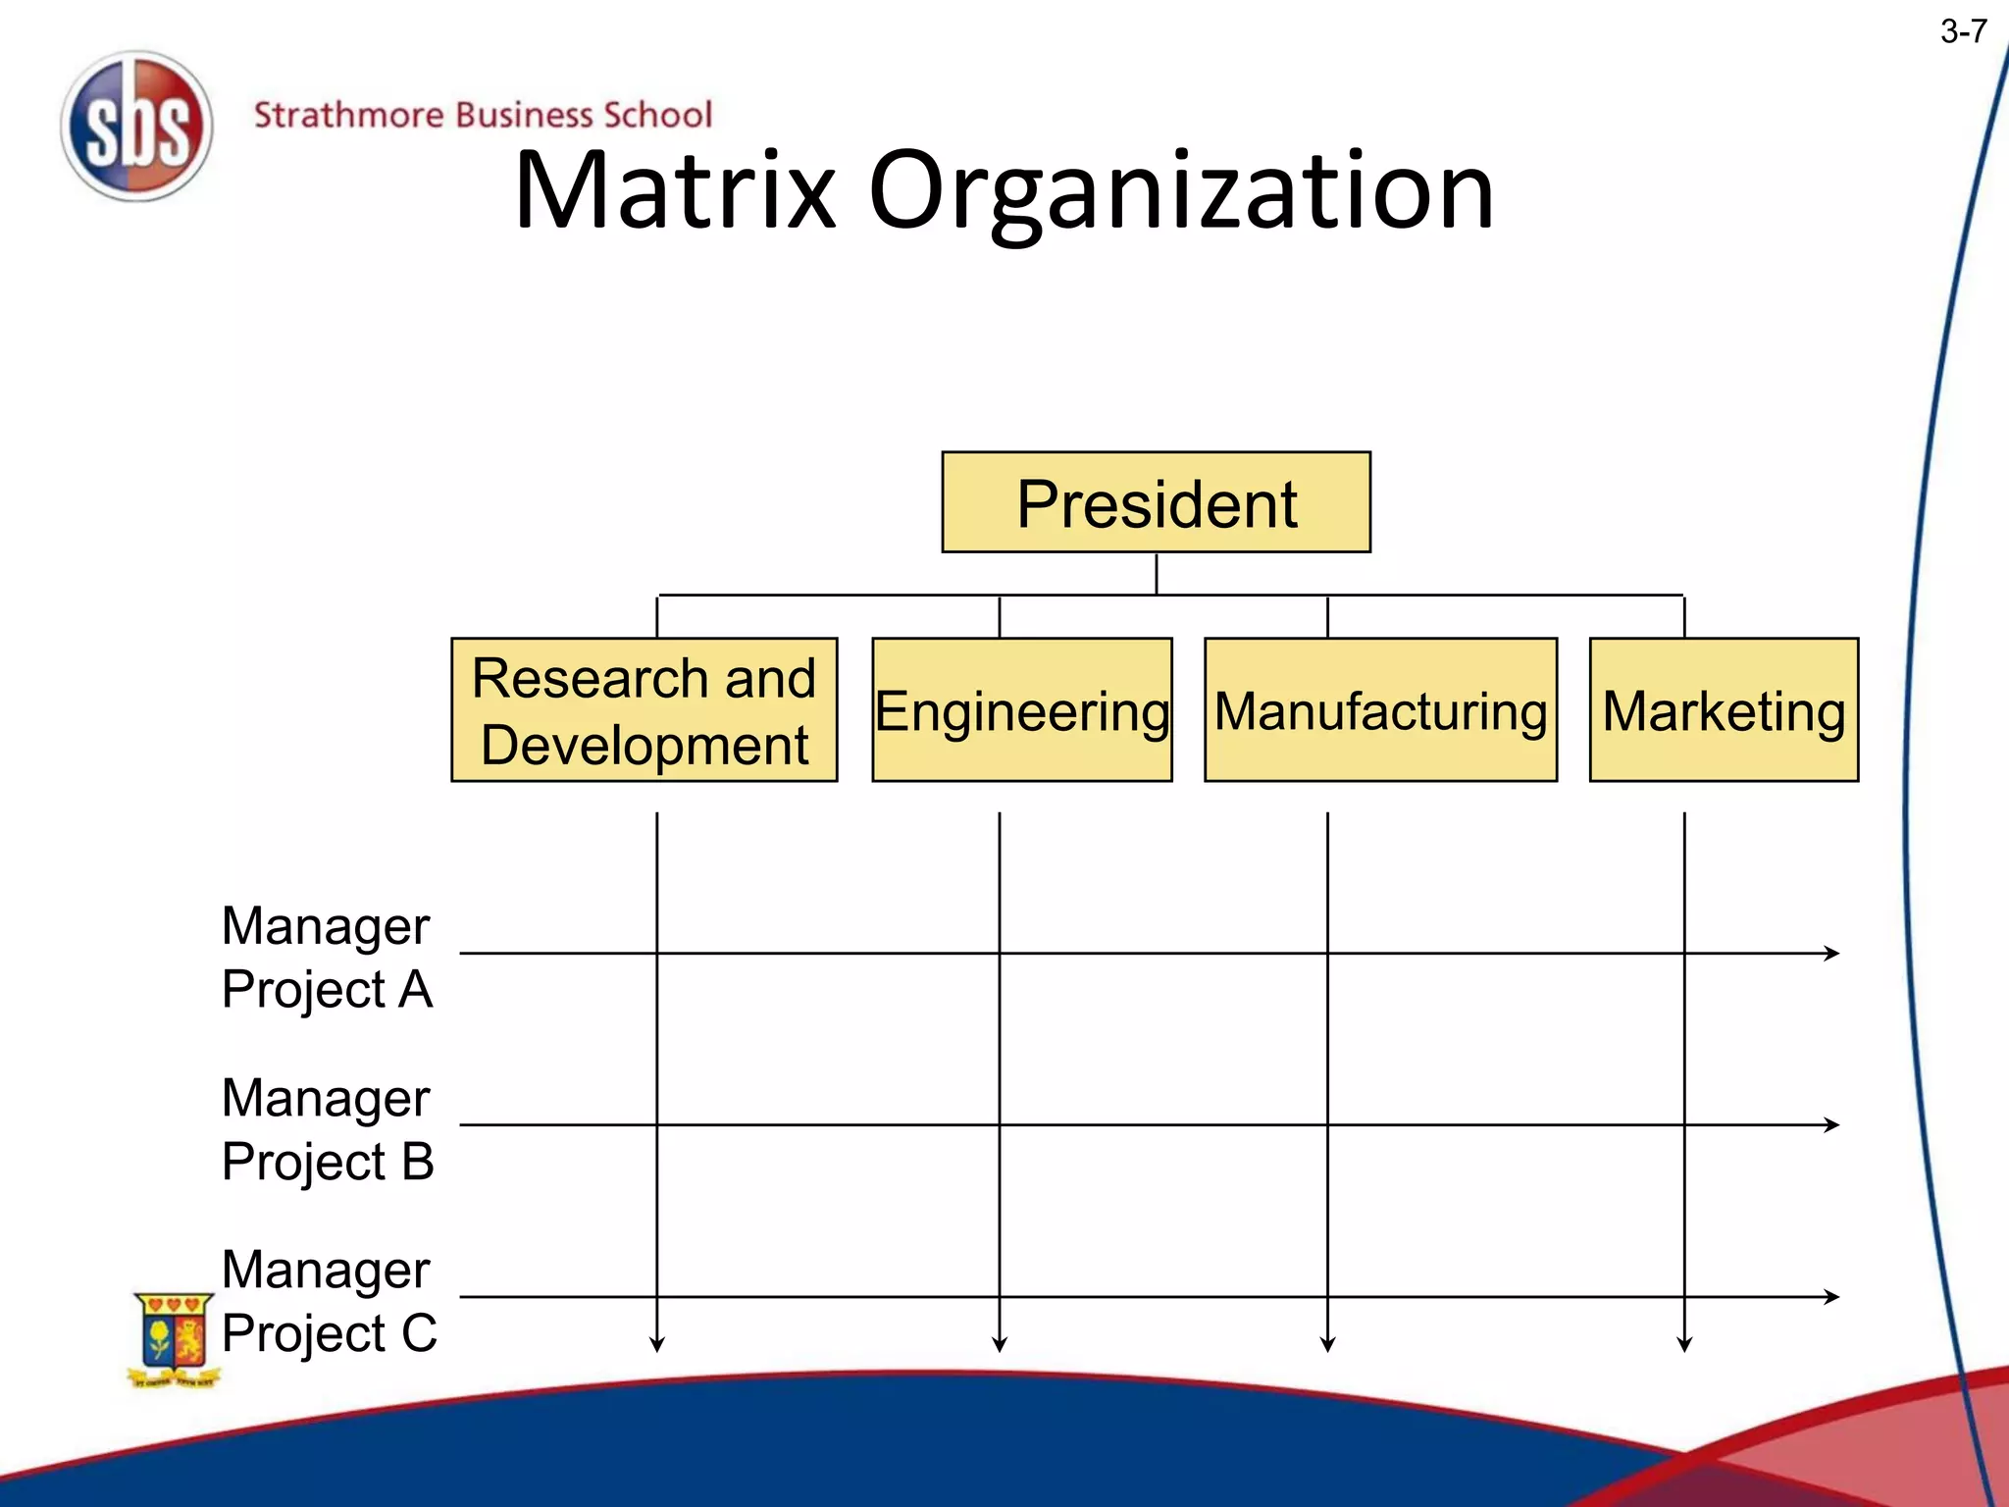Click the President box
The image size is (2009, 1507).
1156,502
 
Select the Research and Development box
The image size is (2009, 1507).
644,709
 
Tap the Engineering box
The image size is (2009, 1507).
1021,709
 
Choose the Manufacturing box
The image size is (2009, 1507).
1380,709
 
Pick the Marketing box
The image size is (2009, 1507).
1724,709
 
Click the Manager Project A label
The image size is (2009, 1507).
327,957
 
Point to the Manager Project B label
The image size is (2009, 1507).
327,1128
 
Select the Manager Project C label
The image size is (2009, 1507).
329,1300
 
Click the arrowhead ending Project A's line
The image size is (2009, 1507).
1831,953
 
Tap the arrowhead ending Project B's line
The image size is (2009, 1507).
1831,1124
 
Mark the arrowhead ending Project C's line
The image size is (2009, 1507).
1831,1296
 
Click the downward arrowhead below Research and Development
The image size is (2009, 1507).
657,1344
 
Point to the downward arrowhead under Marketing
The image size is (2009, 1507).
1684,1344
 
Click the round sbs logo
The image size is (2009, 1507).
136,127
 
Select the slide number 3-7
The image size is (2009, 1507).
1963,32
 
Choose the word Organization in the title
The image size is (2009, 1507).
1181,191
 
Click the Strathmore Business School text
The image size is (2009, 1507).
483,115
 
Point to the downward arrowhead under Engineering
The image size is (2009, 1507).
1000,1344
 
